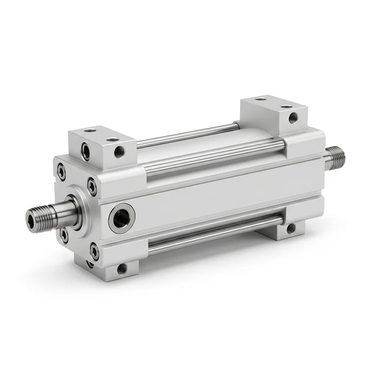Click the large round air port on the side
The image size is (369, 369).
122,218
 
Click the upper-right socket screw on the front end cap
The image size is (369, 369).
93,186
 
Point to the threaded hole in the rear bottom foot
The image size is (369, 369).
290,228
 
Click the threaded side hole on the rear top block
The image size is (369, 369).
293,117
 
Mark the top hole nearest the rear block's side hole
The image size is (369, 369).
286,107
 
